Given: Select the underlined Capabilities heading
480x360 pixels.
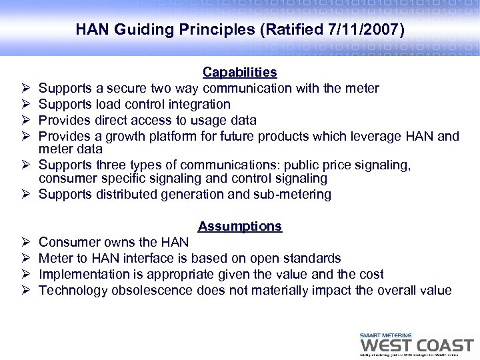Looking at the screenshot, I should (240, 71).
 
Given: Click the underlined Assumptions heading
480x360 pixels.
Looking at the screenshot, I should (240, 226).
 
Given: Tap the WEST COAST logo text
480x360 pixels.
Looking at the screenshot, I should (416, 345).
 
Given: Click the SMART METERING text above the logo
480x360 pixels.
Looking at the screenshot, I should (385, 335).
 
